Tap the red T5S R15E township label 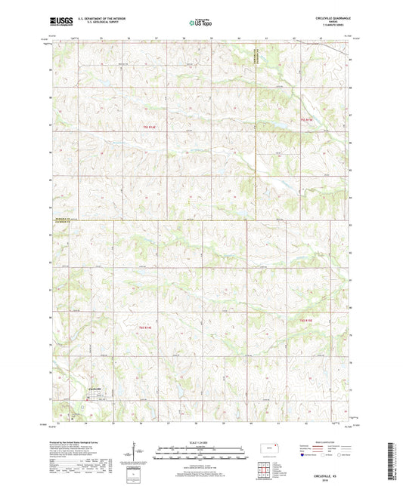pos(305,120)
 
